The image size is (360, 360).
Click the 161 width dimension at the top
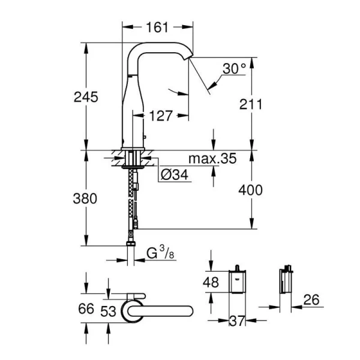click(x=157, y=27)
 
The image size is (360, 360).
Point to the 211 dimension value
click(x=250, y=104)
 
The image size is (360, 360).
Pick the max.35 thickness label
click(x=212, y=159)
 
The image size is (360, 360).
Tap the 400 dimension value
click(x=250, y=190)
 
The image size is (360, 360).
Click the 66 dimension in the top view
click(x=87, y=309)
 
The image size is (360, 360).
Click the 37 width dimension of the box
click(x=238, y=321)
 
